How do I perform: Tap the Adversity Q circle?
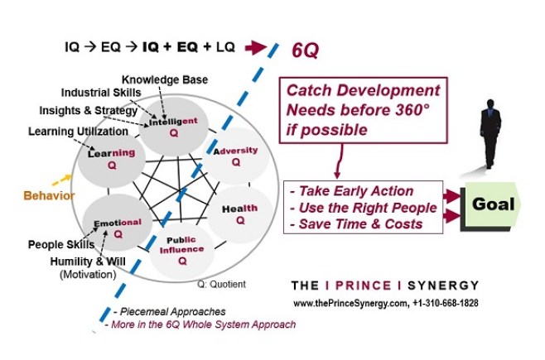tap(234, 156)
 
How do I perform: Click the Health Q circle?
tap(239, 214)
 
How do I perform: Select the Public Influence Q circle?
tap(182, 247)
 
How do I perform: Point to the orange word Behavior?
tap(48, 196)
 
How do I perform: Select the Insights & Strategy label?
tap(88, 111)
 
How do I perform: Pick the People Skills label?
tap(63, 245)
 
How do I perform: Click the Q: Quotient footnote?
tap(221, 285)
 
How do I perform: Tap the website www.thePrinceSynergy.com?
tap(350, 303)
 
